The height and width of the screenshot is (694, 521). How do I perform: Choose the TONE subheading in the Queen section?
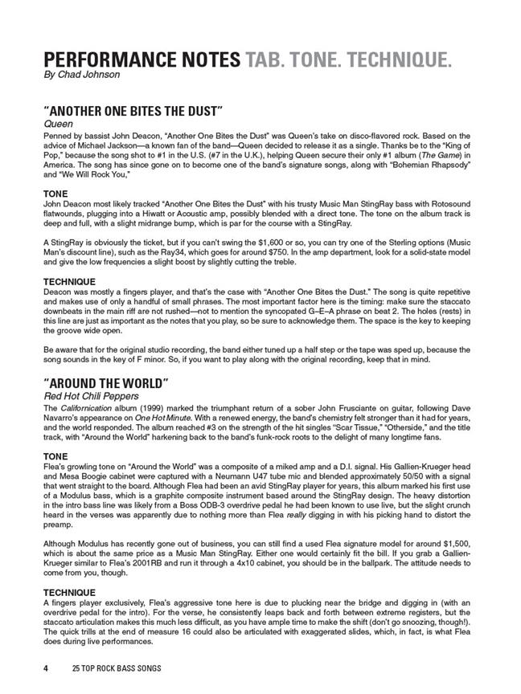[x=57, y=194]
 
